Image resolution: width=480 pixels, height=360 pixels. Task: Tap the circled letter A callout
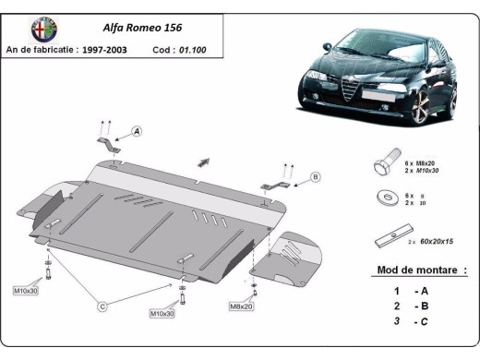point(137,132)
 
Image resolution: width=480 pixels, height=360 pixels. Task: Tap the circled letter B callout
point(315,176)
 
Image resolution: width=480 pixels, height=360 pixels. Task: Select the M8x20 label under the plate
point(241,305)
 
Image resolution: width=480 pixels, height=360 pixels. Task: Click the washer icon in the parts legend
point(383,198)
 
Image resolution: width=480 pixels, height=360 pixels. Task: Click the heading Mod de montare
point(421,270)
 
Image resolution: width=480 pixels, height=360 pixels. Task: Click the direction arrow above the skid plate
point(204,161)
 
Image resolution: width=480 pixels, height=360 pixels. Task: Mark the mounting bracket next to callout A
point(108,144)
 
